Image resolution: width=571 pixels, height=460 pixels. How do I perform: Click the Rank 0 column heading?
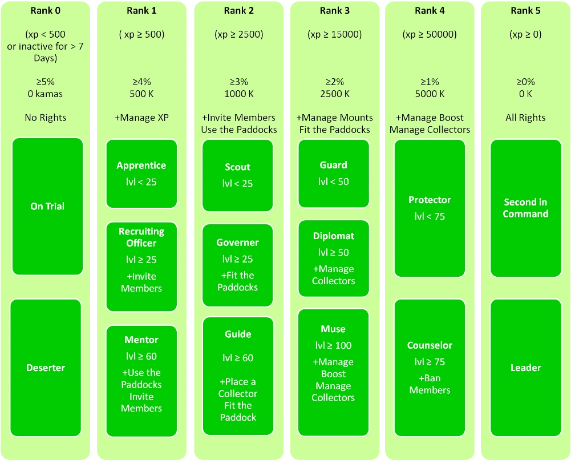pos(45,11)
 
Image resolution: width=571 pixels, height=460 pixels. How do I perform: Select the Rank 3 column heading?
pos(335,11)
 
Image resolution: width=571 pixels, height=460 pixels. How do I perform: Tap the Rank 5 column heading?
pos(525,11)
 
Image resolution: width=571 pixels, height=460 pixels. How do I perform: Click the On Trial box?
pos(47,207)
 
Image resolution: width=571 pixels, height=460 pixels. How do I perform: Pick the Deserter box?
pos(46,368)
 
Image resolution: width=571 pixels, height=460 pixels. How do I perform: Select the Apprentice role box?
pos(141,173)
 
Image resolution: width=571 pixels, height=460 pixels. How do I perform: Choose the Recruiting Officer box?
pos(141,267)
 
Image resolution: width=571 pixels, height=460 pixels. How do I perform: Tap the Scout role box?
pos(238,175)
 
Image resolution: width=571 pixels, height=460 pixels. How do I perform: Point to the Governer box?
pos(238,265)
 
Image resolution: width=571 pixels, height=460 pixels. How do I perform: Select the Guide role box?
pos(238,375)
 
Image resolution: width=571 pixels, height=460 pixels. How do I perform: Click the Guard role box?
pos(334,173)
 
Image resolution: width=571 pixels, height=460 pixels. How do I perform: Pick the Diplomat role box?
pos(334,258)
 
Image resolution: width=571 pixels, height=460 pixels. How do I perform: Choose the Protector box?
pos(430,208)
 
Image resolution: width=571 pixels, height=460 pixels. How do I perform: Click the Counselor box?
pos(430,368)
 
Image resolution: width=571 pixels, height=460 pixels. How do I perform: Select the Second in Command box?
pos(525,208)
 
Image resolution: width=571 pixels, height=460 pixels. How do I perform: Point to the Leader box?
pos(525,368)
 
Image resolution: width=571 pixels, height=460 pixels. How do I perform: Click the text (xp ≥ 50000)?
pos(430,34)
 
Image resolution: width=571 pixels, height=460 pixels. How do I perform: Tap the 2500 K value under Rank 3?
pos(335,94)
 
